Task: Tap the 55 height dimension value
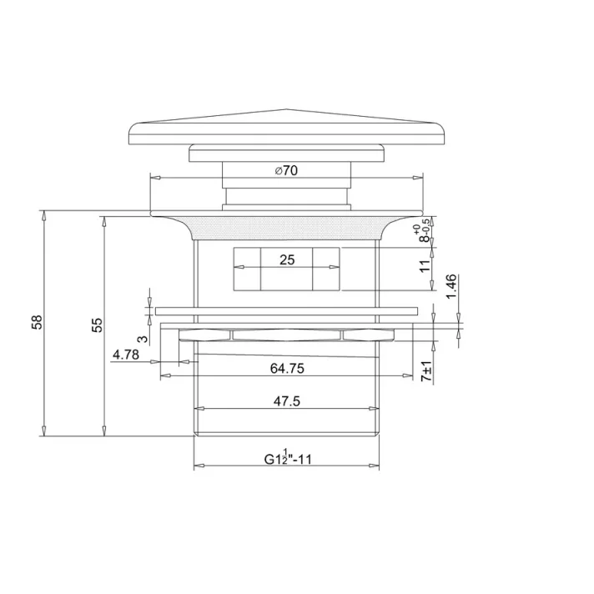(x=97, y=324)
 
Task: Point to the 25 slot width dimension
(x=287, y=259)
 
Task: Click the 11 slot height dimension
(x=425, y=266)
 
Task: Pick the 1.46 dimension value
(x=451, y=287)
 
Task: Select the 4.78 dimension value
(x=125, y=355)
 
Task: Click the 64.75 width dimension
(x=287, y=367)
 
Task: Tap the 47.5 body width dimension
(x=286, y=401)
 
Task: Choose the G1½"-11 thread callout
(x=288, y=457)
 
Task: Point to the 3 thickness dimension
(x=143, y=339)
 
